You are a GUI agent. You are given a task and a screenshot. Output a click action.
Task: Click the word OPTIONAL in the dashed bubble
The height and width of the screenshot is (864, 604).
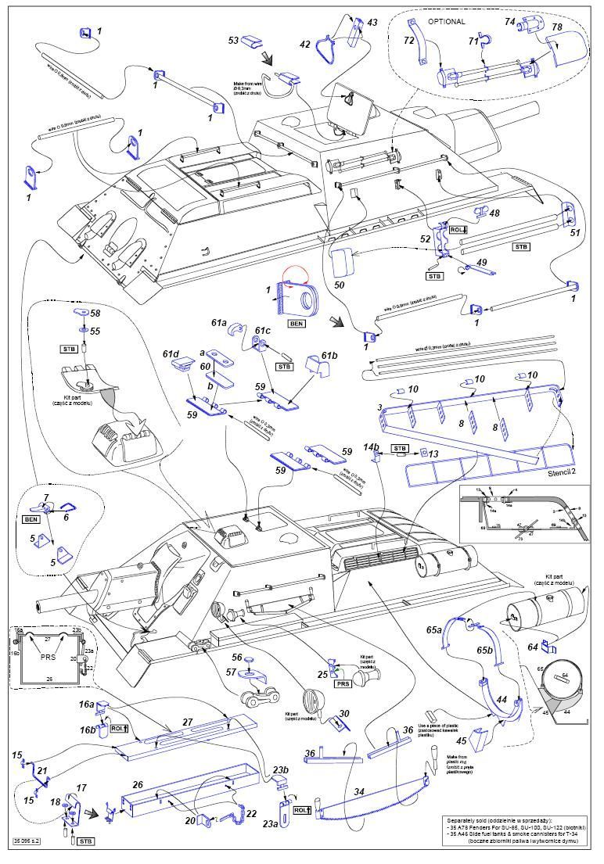coord(447,21)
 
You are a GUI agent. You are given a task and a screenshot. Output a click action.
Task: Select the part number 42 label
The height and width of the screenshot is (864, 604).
coord(305,45)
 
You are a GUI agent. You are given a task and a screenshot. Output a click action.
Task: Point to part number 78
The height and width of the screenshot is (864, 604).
coord(557,27)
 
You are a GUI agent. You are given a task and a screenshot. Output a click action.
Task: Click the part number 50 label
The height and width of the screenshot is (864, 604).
coord(339,285)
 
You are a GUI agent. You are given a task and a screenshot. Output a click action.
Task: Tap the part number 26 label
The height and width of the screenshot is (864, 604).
coord(137,784)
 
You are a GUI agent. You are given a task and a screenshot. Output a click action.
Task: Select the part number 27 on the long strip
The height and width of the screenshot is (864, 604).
coord(187,722)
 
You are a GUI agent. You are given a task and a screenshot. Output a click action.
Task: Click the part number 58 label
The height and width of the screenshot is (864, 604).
coord(95,313)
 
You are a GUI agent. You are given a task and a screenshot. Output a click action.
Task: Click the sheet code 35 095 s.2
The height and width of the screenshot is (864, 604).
coord(27,841)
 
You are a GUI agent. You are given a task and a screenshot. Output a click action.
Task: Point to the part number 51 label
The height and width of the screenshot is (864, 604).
coord(575,232)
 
